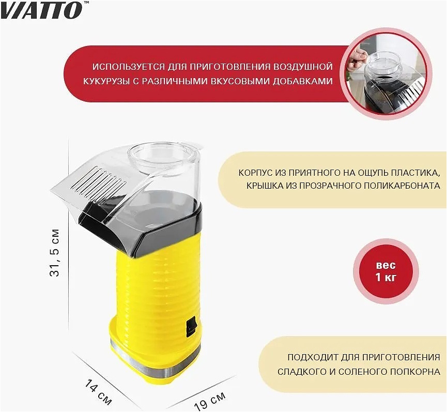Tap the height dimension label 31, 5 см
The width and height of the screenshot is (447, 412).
point(54,253)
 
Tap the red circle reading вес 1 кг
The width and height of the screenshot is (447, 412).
point(386,271)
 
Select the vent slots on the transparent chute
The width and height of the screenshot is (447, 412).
point(100,179)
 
